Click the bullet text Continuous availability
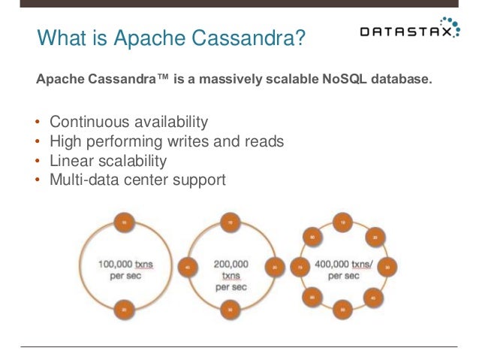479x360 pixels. (128, 122)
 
